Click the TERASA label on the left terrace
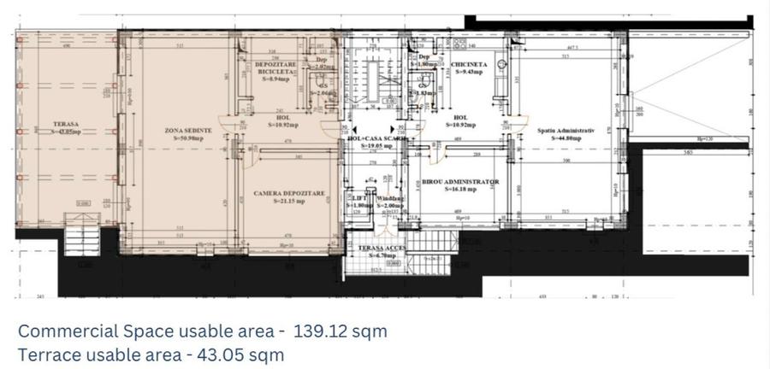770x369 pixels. [65, 124]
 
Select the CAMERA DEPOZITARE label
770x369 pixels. [289, 194]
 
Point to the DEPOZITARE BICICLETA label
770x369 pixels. [275, 68]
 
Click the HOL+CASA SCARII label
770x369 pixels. [376, 138]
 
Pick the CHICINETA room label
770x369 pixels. [471, 64]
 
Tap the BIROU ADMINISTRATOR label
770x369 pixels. [460, 182]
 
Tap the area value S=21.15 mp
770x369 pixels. [289, 202]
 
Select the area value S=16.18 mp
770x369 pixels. [460, 190]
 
